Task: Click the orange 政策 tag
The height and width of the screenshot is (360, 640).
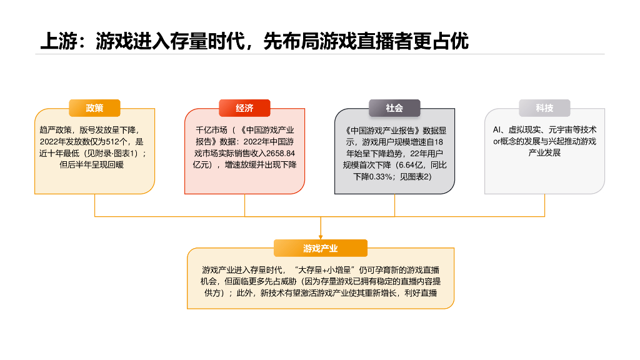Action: point(94,108)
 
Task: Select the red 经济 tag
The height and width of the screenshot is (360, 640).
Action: point(244,108)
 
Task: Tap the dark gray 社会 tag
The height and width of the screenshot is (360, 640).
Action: point(394,108)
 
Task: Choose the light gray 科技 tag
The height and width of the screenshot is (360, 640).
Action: point(544,108)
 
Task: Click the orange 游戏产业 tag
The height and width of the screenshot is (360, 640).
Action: point(321,248)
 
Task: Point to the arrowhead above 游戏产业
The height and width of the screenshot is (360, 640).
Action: point(321,236)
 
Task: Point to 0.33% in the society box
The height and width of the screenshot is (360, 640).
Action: point(380,177)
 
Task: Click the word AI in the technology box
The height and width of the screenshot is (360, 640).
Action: point(497,130)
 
